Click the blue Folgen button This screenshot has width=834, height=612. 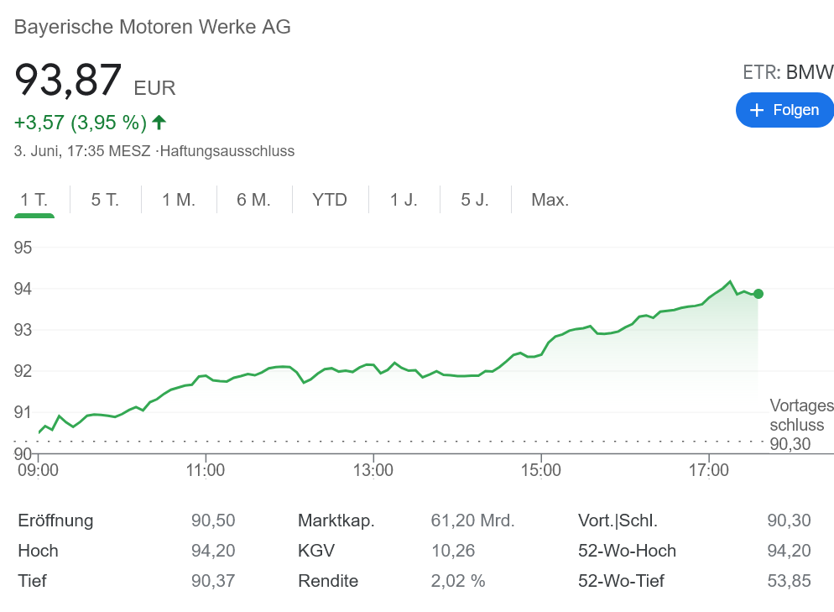tap(784, 110)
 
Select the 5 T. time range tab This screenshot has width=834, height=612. tap(105, 200)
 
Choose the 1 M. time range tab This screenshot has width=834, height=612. tap(179, 200)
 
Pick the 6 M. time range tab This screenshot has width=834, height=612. tap(253, 200)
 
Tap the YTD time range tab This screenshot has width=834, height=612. tap(330, 200)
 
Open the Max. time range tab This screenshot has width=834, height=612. tap(550, 200)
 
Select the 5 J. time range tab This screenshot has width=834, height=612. tap(475, 200)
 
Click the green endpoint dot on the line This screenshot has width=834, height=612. tap(758, 294)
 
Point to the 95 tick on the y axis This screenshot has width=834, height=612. tap(23, 248)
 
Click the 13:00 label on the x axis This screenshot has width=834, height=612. tap(373, 470)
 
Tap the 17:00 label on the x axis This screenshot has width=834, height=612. tap(709, 470)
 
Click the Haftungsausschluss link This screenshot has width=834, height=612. tap(228, 152)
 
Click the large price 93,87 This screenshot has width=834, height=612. tap(69, 81)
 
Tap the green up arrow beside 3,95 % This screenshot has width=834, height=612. tap(159, 123)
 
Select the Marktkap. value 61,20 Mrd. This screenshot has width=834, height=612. tap(472, 520)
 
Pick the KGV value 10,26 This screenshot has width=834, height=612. tap(453, 551)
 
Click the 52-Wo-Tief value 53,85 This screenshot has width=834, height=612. tap(789, 581)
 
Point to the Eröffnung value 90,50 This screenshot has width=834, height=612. tap(213, 520)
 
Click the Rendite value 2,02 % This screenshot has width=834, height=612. tap(458, 581)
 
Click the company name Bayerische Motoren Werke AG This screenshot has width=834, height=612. tap(153, 27)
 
